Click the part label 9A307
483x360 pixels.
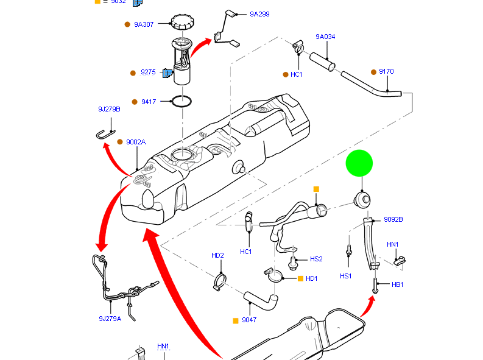144,24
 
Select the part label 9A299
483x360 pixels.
259,14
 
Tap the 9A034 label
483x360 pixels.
325,37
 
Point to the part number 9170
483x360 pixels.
386,71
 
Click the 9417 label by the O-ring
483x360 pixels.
149,102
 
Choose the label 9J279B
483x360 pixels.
109,109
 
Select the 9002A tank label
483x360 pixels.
136,142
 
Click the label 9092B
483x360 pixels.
393,219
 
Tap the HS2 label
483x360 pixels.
316,259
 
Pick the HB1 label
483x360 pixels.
397,284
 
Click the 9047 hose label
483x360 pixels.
249,320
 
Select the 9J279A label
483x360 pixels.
110,318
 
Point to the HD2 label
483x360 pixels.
217,255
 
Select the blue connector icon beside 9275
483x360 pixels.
167,72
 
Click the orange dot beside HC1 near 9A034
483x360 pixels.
285,74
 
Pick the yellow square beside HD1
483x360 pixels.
300,278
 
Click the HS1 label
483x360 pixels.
346,276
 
